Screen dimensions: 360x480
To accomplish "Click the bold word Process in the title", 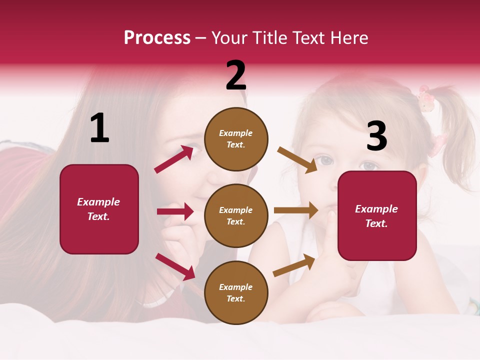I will (x=157, y=38).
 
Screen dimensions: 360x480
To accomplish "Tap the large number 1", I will (x=99, y=128).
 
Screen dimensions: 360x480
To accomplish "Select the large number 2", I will (x=236, y=76).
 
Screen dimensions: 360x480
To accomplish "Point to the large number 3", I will (x=376, y=136).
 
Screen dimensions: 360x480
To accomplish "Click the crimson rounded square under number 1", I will (x=99, y=209).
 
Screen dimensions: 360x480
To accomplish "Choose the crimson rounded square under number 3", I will (x=377, y=215).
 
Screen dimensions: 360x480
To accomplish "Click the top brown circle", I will (x=236, y=138).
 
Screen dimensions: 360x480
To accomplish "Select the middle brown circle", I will (x=236, y=215).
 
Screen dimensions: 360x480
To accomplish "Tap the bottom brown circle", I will (x=236, y=292).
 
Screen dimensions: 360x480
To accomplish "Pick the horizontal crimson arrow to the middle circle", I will (x=175, y=211).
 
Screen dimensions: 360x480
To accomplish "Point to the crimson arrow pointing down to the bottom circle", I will (x=175, y=266).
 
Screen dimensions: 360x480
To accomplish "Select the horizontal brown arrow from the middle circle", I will (x=296, y=210).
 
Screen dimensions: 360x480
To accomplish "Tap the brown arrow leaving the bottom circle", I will (x=294, y=265).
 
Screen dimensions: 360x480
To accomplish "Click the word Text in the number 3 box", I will (x=376, y=223).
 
